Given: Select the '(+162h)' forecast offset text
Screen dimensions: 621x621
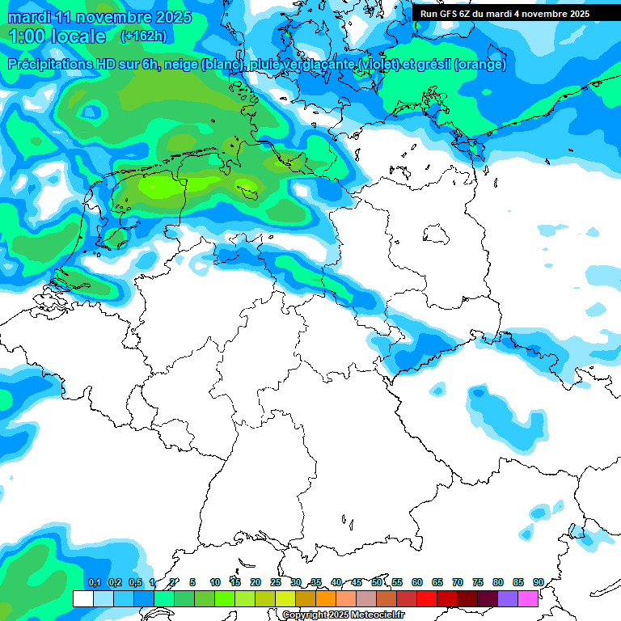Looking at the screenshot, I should click(x=145, y=36).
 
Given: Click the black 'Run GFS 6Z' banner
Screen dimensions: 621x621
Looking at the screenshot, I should click(x=505, y=14).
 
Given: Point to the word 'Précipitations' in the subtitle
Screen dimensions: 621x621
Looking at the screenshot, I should click(x=56, y=65).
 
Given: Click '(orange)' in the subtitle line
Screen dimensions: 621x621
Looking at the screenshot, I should click(x=480, y=65).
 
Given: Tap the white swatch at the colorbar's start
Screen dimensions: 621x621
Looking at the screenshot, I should click(x=82, y=599).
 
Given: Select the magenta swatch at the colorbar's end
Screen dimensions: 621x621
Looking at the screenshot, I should click(x=528, y=599).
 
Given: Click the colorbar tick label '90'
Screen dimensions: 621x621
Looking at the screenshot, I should click(x=539, y=582).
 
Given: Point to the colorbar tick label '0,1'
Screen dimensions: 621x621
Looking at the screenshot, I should click(x=94, y=582).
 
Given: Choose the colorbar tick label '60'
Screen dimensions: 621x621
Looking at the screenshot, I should click(x=417, y=582).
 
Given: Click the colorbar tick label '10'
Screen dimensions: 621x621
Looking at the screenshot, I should click(x=215, y=582).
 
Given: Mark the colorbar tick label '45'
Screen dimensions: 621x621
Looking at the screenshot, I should click(x=357, y=582).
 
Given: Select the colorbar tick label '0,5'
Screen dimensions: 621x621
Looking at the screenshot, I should click(x=134, y=582).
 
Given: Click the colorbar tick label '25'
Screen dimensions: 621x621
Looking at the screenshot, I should click(x=276, y=582).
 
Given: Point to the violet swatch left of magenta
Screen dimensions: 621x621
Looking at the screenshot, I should click(x=508, y=599).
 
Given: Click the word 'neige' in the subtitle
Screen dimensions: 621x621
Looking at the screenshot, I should click(x=182, y=65).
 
